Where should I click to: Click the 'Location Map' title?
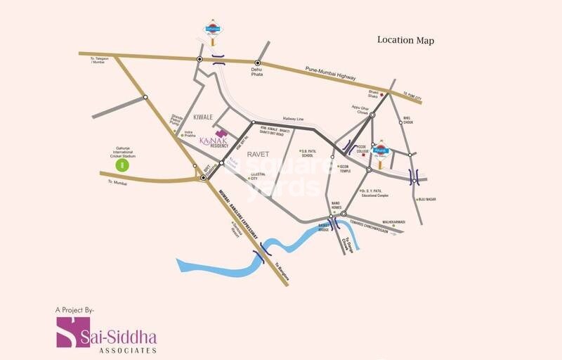click(405, 40)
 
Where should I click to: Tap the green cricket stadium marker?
click(122, 165)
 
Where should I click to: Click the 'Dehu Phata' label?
click(256, 72)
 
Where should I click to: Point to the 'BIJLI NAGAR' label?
click(428, 199)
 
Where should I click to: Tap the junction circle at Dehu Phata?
click(257, 63)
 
